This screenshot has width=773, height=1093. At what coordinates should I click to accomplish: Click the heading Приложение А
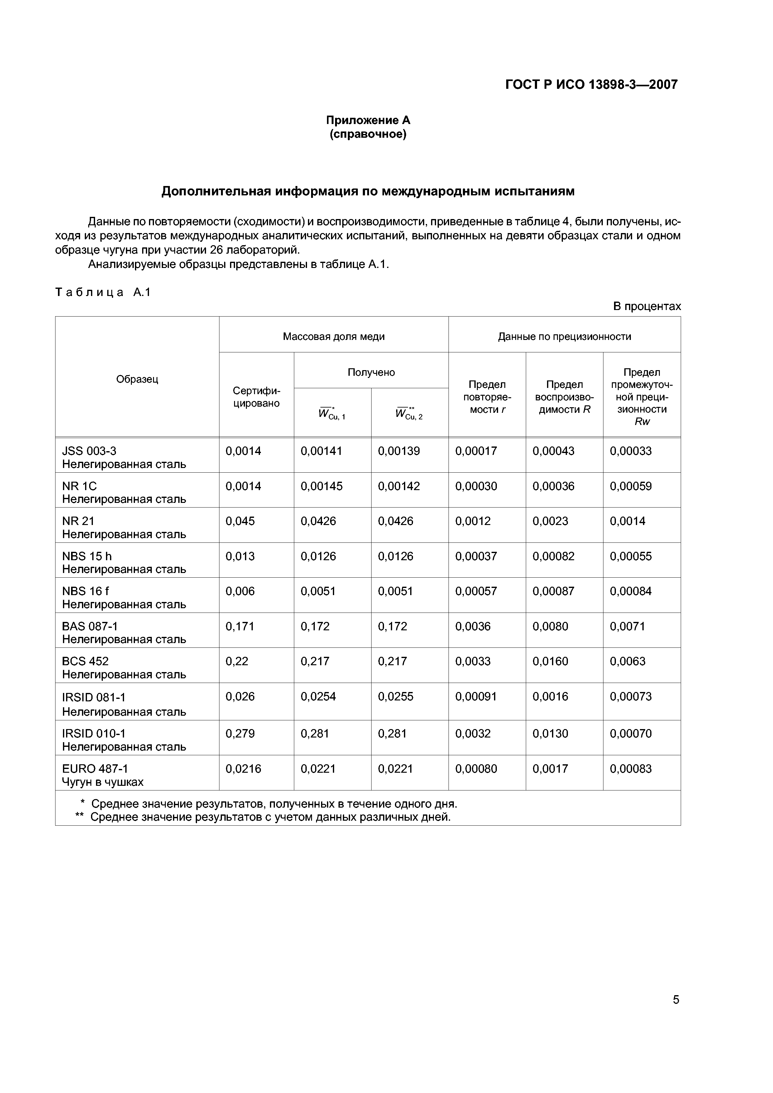[368, 120]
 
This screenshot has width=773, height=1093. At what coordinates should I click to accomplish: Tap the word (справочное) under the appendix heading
[368, 135]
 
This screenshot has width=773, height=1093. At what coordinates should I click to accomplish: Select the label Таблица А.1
[103, 292]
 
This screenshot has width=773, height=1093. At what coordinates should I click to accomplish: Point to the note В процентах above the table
[646, 306]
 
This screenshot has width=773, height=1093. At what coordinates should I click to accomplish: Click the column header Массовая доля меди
[334, 336]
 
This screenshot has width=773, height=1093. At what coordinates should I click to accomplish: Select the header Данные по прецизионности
[564, 336]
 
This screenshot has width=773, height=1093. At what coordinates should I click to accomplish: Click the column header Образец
[137, 379]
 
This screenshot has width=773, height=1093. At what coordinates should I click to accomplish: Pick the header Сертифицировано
[256, 397]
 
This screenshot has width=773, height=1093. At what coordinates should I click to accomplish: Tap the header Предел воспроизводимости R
[564, 397]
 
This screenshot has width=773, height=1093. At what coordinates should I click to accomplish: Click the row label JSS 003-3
[89, 451]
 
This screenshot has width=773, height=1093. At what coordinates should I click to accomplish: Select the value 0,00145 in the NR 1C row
[321, 486]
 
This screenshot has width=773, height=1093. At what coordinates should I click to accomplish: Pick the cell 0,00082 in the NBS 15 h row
[554, 556]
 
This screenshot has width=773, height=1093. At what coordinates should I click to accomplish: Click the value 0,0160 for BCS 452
[550, 661]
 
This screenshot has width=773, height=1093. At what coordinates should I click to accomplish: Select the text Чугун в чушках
[103, 782]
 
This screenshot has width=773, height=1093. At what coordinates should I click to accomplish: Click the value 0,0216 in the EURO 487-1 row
[243, 769]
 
